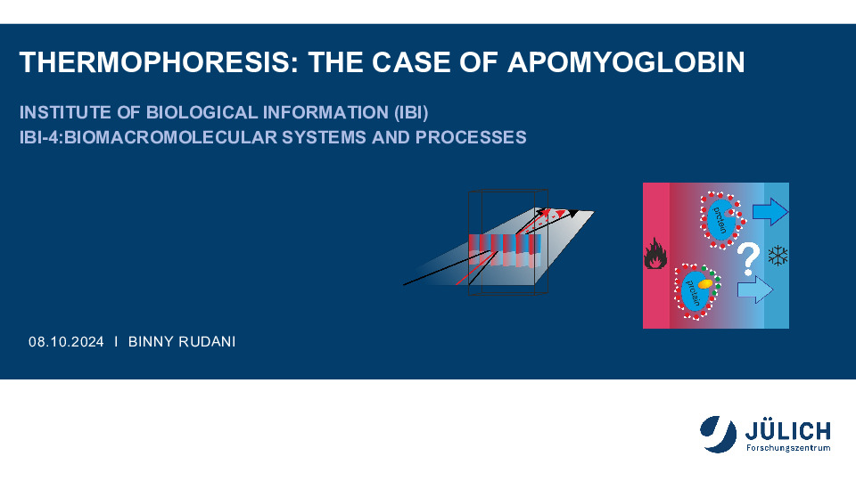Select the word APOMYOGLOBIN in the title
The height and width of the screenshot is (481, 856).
626,62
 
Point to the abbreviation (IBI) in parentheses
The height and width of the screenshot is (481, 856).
411,112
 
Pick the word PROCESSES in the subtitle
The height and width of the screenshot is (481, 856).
471,137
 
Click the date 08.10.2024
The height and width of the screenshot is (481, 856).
66,342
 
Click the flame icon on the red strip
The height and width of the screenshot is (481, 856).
655,254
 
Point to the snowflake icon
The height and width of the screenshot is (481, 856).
778,256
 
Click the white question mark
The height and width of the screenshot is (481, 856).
748,259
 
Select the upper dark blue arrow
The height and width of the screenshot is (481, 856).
770,212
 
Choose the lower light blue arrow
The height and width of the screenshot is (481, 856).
755,289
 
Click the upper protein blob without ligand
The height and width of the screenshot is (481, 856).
722,220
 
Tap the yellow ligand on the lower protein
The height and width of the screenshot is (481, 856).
704,283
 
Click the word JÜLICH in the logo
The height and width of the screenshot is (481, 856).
787,431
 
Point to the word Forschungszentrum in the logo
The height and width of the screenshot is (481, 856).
788,448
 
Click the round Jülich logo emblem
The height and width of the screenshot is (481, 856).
718,434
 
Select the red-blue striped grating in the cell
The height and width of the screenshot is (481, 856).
505,250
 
